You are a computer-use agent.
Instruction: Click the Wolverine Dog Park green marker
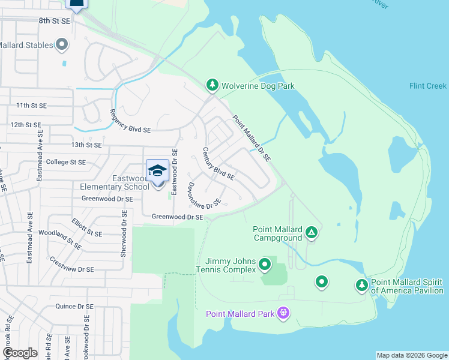pyautogui.click(x=211, y=86)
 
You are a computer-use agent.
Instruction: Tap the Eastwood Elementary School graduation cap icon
pyautogui.click(x=157, y=171)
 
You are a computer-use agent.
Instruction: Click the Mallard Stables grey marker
pyautogui.click(x=62, y=44)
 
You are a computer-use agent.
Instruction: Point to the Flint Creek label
pyautogui.click(x=428, y=86)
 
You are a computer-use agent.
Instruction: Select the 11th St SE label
pyautogui.click(x=31, y=106)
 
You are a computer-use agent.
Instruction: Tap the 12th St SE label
pyautogui.click(x=26, y=125)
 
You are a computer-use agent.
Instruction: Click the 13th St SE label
pyautogui.click(x=86, y=145)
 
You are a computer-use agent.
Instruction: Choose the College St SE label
pyautogui.click(x=65, y=162)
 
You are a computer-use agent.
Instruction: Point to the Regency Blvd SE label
pyautogui.click(x=130, y=121)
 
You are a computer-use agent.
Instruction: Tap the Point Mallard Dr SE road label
pyautogui.click(x=252, y=138)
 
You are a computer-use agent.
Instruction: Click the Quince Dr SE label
pyautogui.click(x=74, y=306)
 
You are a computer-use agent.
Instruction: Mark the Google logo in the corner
pyautogui.click(x=20, y=353)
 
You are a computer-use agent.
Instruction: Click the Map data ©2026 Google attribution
pyautogui.click(x=412, y=355)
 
